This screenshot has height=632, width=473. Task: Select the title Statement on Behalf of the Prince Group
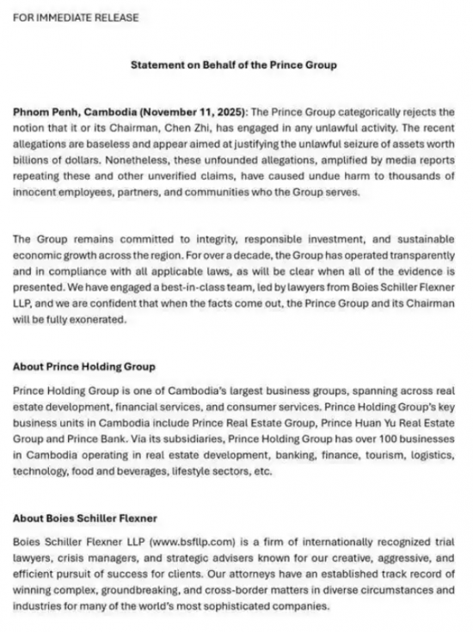[x=233, y=64]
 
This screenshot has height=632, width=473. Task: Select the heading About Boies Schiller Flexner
[x=83, y=518]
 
